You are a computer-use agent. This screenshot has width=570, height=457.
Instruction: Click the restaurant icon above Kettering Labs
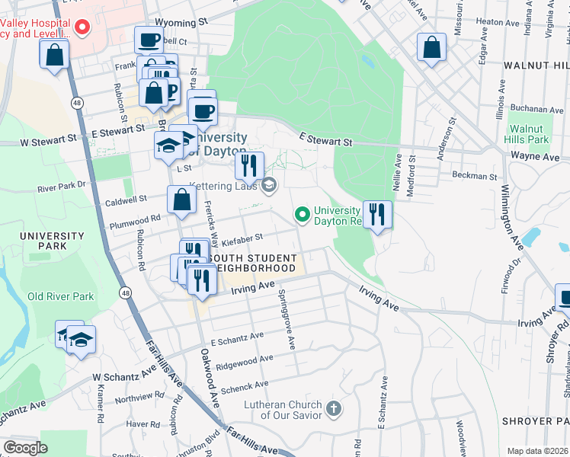[x=249, y=165]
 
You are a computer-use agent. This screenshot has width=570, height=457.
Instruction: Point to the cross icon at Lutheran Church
[x=333, y=409]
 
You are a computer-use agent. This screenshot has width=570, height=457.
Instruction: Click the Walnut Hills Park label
[x=527, y=134]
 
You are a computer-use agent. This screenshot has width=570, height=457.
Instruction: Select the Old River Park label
[x=60, y=296]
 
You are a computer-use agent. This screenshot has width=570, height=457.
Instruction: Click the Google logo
[x=26, y=448]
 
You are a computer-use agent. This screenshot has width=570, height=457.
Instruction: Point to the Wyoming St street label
[x=181, y=24]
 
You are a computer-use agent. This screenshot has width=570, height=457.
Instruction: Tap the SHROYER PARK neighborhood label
[x=535, y=421]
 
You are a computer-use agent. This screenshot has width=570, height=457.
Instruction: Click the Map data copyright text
[x=536, y=451]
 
